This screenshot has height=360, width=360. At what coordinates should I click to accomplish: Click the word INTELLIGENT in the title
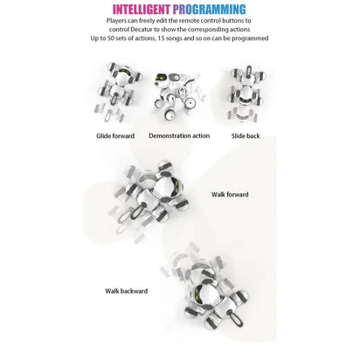tap(142, 10)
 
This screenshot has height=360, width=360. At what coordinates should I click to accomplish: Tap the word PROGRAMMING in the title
tap(209, 10)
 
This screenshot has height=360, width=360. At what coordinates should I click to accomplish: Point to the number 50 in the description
tap(111, 38)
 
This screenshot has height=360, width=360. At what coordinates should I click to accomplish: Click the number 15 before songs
tap(162, 38)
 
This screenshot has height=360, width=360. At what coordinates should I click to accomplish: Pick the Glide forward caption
tap(115, 135)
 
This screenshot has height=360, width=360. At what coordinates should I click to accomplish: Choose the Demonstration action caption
tap(179, 135)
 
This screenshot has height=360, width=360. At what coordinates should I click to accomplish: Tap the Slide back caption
tap(246, 135)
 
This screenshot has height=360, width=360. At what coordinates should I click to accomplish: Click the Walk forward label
tap(230, 194)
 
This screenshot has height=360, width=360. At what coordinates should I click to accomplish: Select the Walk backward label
tap(127, 291)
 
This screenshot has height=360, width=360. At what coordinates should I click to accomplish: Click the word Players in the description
tap(116, 21)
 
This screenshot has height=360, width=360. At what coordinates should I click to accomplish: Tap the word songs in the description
tap(174, 38)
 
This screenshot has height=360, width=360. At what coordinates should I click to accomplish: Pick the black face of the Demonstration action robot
tap(160, 79)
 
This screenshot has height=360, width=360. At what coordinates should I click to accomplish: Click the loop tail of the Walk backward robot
tap(235, 319)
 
